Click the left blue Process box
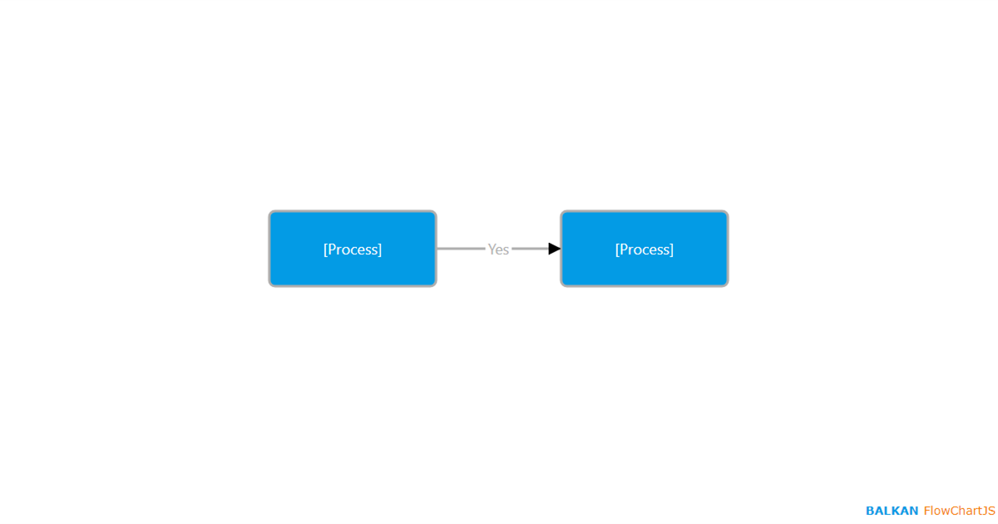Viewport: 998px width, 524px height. click(353, 249)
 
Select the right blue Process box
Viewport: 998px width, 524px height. click(645, 249)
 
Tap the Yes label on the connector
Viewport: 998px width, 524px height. click(498, 249)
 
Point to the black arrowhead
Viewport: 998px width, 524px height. click(554, 249)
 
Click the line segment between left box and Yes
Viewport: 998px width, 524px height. click(461, 249)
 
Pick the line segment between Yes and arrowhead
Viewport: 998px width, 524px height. click(531, 249)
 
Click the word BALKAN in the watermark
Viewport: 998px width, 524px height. click(892, 511)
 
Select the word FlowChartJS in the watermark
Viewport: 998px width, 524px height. click(959, 511)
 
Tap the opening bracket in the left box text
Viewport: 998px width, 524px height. click(326, 250)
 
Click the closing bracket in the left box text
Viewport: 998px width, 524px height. click(379, 250)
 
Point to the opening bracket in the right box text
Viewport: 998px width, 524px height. click(617, 250)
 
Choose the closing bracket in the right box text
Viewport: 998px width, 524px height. click(671, 250)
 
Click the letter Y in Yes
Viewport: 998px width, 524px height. click(492, 249)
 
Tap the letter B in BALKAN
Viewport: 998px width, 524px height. click(871, 511)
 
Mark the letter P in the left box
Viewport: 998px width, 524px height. click(332, 249)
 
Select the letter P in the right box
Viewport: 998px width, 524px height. click(624, 249)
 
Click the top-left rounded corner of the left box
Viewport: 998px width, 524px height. click(271, 213)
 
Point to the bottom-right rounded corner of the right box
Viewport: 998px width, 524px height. click(726, 284)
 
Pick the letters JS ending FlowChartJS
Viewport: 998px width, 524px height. click(989, 511)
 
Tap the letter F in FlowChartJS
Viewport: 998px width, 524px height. click(927, 511)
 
